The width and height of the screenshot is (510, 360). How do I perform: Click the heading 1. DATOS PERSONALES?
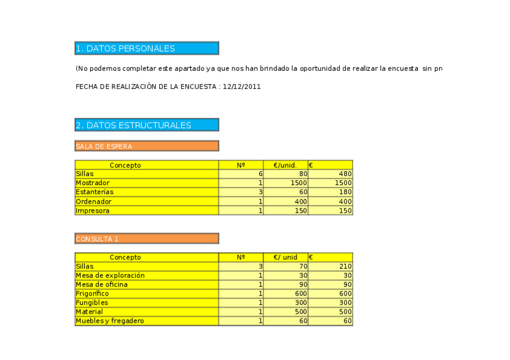click(x=126, y=49)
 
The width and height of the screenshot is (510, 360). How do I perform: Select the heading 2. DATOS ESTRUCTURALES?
click(x=134, y=125)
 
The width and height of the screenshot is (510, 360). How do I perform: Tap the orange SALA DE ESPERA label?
click(x=104, y=146)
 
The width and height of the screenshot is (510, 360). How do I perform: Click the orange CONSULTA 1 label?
click(x=97, y=239)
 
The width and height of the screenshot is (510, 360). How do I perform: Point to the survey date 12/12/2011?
click(x=241, y=87)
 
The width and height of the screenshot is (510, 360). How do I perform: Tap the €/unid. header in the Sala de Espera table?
click(x=285, y=165)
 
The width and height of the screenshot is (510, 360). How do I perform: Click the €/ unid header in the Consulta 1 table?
click(x=285, y=257)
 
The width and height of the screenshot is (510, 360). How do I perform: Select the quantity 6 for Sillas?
click(x=260, y=174)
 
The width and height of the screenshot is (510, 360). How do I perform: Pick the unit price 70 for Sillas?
click(x=303, y=266)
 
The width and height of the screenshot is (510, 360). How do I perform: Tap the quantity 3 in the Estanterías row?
click(x=260, y=192)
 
